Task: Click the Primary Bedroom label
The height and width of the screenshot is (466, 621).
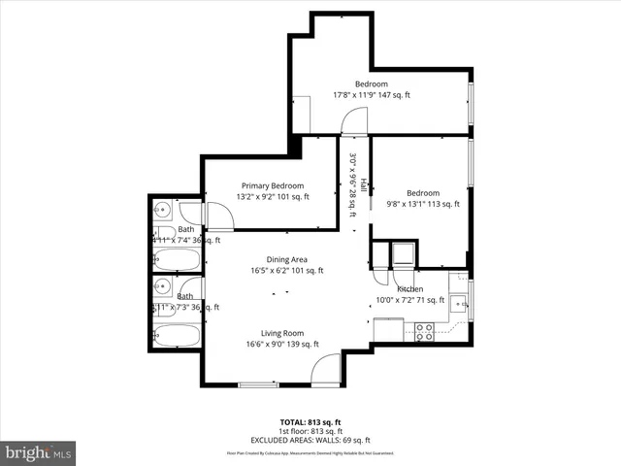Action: click(x=273, y=185)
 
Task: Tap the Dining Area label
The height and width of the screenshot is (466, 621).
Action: click(x=287, y=259)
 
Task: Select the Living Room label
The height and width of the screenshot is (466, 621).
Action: click(x=282, y=333)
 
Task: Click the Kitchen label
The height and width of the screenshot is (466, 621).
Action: click(x=409, y=289)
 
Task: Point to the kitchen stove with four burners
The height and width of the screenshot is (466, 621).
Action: click(x=425, y=331)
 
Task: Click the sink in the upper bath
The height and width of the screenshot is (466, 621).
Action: click(x=163, y=210)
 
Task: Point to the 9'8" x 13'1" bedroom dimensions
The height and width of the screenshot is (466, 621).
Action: click(x=423, y=204)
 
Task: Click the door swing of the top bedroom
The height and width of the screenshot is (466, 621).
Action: click(x=355, y=120)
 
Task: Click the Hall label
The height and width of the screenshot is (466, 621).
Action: click(x=363, y=184)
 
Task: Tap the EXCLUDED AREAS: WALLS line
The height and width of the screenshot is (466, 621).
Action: click(x=310, y=440)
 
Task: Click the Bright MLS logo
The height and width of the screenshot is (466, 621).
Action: click(x=39, y=452)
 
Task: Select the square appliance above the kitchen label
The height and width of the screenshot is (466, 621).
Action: click(x=401, y=255)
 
